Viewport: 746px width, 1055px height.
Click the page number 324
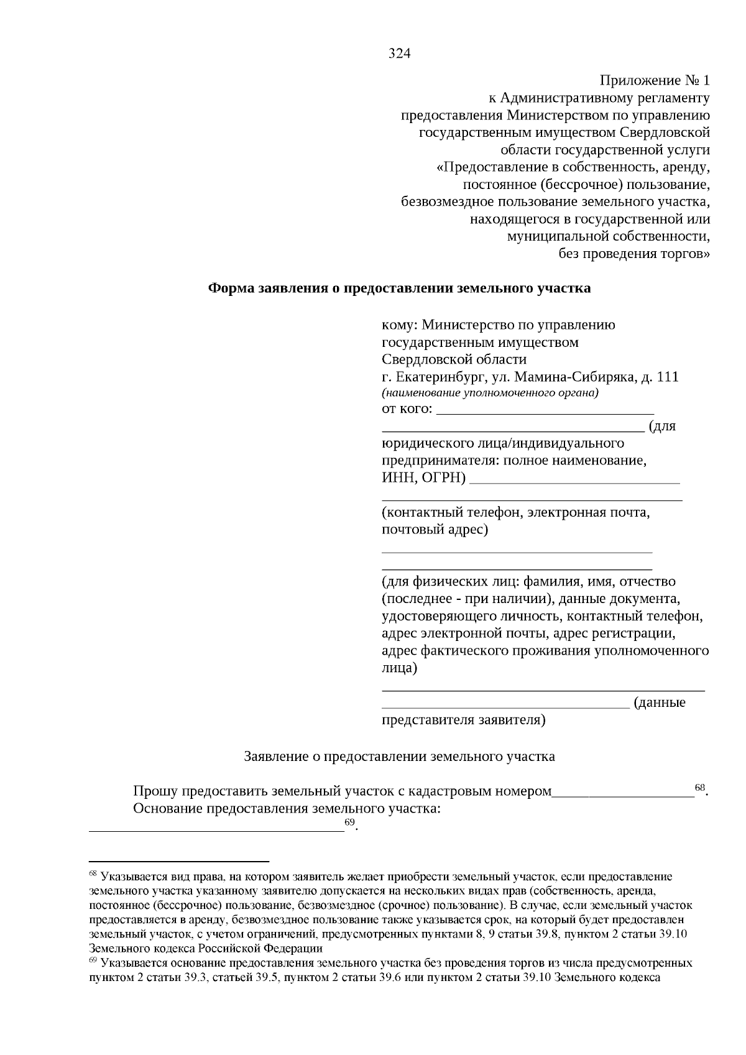click(x=400, y=53)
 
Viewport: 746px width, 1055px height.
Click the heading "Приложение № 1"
click(x=654, y=81)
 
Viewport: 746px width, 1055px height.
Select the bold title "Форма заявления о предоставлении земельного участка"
click(x=399, y=288)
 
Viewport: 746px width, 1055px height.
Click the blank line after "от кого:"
click(x=545, y=412)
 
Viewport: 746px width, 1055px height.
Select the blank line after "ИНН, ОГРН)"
click(x=576, y=481)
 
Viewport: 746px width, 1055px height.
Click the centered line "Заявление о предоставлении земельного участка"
click(x=399, y=757)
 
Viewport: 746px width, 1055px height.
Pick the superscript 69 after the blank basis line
click(x=350, y=822)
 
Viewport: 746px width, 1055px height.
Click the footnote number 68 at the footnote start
click(x=93, y=875)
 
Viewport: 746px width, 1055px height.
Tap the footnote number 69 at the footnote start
click(x=93, y=962)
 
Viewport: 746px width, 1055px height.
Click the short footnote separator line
click(x=179, y=861)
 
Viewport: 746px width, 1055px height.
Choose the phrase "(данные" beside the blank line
click(x=659, y=703)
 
